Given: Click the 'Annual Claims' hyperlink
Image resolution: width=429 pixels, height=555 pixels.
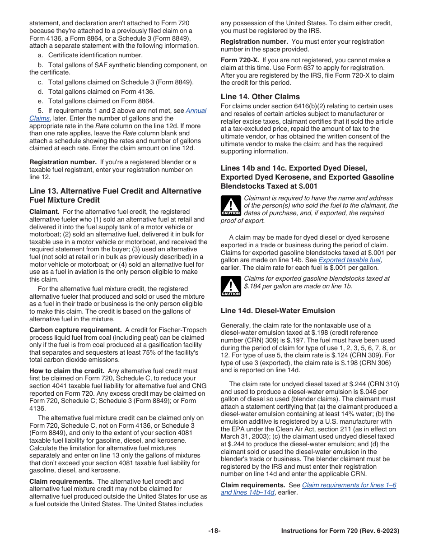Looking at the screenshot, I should pyautogui.click(x=196, y=111).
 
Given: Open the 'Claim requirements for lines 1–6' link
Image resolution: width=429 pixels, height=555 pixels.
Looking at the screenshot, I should pyautogui.click(x=349, y=485).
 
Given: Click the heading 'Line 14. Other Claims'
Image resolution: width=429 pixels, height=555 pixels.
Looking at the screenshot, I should pyautogui.click(x=260, y=97).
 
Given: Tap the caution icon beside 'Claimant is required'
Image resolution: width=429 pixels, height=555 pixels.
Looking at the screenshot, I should pyautogui.click(x=230, y=205).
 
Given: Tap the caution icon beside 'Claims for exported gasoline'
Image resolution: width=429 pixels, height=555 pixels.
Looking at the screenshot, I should pyautogui.click(x=230, y=286).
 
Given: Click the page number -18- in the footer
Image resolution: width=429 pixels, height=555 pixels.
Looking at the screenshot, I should pyautogui.click(x=214, y=531).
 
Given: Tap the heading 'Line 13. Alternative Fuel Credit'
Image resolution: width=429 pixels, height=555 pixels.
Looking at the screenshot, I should pyautogui.click(x=115, y=191).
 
